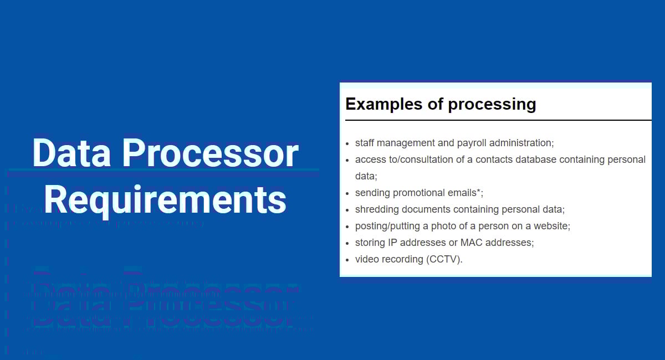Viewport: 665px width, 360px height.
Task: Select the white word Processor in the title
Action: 210,153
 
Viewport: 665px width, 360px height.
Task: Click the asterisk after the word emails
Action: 479,191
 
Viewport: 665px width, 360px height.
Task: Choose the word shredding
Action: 375,209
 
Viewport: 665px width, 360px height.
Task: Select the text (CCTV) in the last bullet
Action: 443,259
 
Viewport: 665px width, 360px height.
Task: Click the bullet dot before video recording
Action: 347,260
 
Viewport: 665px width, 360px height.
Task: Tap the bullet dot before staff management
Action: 347,143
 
